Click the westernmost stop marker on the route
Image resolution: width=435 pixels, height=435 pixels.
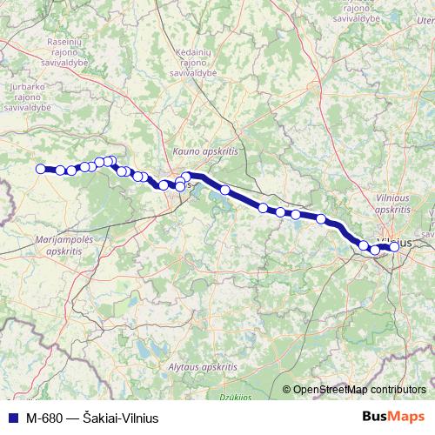point(40,169)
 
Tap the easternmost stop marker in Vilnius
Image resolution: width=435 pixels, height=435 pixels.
point(394,246)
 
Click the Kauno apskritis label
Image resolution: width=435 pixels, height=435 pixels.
point(205,151)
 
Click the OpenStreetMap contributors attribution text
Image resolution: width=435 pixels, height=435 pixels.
point(359,390)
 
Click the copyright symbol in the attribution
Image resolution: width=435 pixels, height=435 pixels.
point(287,390)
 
